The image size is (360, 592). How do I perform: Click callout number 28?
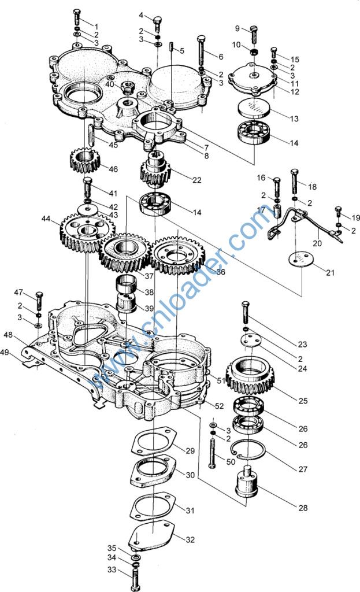(x=303, y=508)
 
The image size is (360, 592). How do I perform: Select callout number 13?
(x=294, y=119)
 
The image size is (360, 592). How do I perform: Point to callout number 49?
(x=5, y=352)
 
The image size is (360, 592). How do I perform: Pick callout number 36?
(x=221, y=271)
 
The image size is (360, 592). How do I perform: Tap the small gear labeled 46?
(x=86, y=160)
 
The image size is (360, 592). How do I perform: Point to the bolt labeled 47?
(x=39, y=301)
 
